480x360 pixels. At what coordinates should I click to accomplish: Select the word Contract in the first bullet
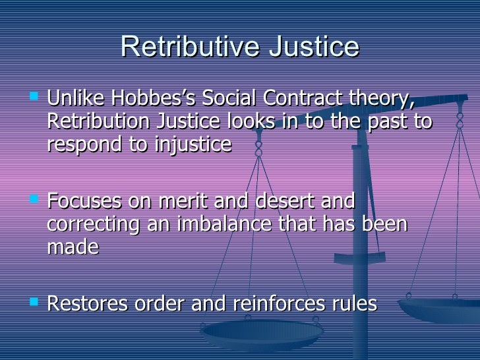298,100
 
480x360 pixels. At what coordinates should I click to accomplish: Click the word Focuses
85,201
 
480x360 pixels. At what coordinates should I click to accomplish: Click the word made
73,246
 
